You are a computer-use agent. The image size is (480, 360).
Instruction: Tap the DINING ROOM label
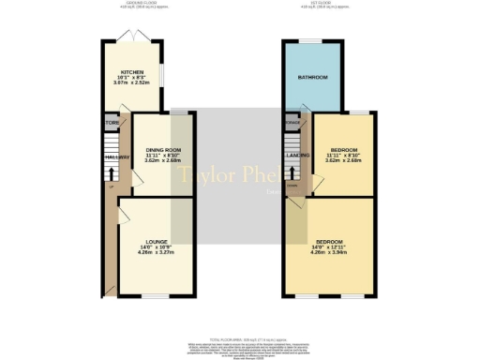pyautogui.click(x=163, y=150)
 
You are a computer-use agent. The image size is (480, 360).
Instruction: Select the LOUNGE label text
pyautogui.click(x=156, y=241)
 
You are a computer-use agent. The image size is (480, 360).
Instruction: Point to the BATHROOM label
pyautogui.click(x=312, y=77)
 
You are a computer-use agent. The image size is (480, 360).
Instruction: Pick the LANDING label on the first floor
pyautogui.click(x=298, y=156)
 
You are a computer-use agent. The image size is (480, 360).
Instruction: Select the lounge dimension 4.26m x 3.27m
pyautogui.click(x=156, y=252)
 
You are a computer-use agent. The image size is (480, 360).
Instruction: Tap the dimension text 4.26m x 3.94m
pyautogui.click(x=334, y=252)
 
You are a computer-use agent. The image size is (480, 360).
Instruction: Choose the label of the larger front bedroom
pyautogui.click(x=334, y=241)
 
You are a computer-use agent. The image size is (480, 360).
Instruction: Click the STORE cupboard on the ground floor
pyautogui.click(x=112, y=122)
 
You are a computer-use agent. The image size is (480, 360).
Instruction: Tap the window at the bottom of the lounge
pyautogui.click(x=156, y=296)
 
